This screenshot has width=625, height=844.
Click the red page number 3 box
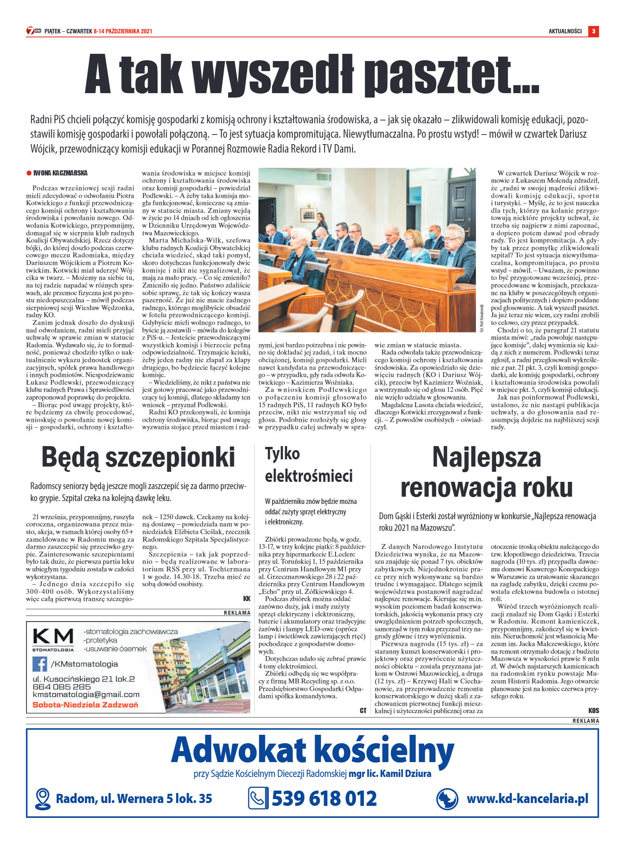click(593, 31)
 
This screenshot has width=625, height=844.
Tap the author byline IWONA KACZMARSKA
click(60, 173)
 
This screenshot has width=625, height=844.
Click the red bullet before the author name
click(29, 173)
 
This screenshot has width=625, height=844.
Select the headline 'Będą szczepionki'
click(138, 457)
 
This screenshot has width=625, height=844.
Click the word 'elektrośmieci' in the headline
click(308, 475)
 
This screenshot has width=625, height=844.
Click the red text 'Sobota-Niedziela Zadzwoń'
click(85, 705)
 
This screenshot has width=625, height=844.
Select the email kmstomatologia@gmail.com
click(86, 695)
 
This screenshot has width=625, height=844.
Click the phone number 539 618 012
click(324, 798)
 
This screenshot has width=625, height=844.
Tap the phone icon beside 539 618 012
click(258, 798)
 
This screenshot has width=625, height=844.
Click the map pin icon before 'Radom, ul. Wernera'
click(43, 799)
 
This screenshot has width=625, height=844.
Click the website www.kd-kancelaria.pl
click(527, 798)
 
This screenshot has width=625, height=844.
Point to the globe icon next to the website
click(447, 799)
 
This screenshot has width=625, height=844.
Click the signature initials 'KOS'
click(593, 710)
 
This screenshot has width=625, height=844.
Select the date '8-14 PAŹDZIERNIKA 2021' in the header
click(123, 31)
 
